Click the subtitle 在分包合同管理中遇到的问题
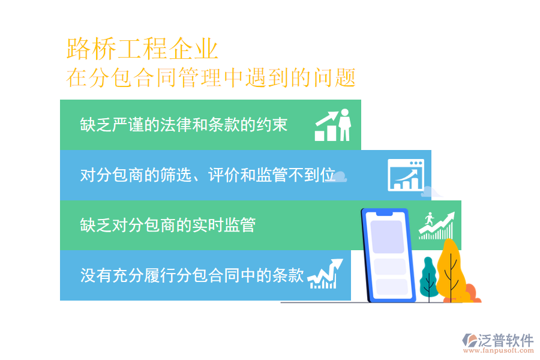click(211, 78)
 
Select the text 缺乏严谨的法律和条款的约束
click(184, 124)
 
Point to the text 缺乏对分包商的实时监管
click(168, 225)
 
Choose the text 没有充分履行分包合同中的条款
click(192, 275)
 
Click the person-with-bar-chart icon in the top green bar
click(333, 125)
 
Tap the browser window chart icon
click(406, 175)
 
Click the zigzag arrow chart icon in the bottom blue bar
click(325, 274)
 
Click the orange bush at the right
click(470, 293)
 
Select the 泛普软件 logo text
click(505, 341)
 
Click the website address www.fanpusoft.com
click(498, 353)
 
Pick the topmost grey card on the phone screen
click(388, 236)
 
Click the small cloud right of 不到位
click(340, 176)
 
